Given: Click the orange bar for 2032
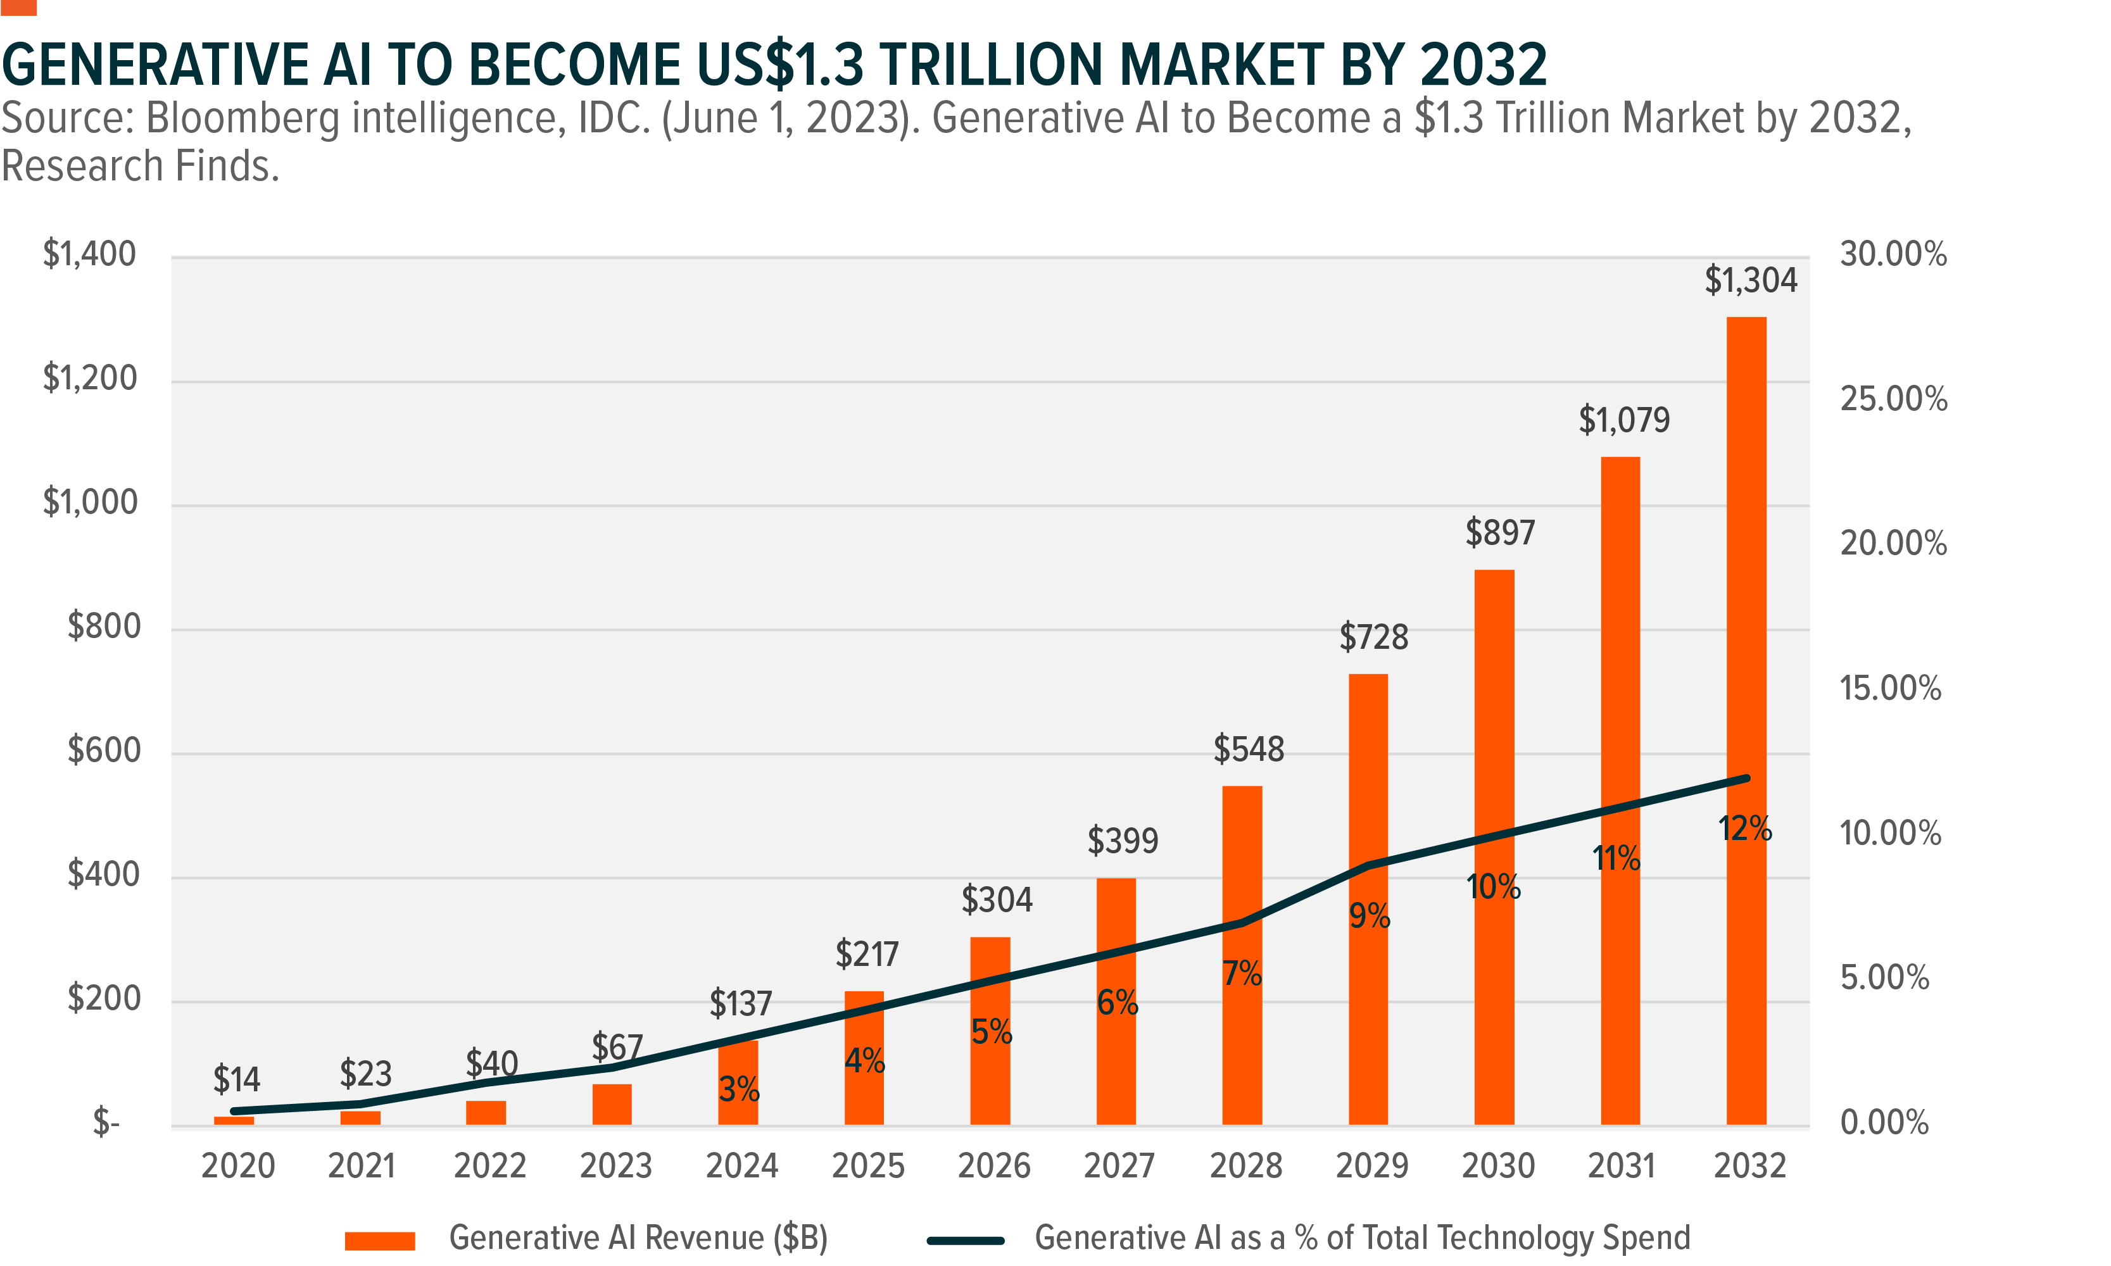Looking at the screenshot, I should [x=1746, y=597].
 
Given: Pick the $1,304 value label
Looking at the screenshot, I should [x=1750, y=280].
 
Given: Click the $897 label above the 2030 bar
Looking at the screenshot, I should [x=1500, y=533].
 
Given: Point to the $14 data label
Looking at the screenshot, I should [x=236, y=1080].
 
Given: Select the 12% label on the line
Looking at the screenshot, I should [x=1745, y=829].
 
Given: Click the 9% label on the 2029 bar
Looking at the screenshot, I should [x=1370, y=916].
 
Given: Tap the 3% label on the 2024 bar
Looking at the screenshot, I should [x=739, y=1089].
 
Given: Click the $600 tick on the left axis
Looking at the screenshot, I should [x=103, y=751].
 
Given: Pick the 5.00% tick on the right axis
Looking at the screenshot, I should [x=1884, y=977].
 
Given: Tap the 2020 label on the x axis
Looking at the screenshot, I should [x=238, y=1166].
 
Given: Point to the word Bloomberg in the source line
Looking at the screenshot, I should [x=243, y=118].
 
